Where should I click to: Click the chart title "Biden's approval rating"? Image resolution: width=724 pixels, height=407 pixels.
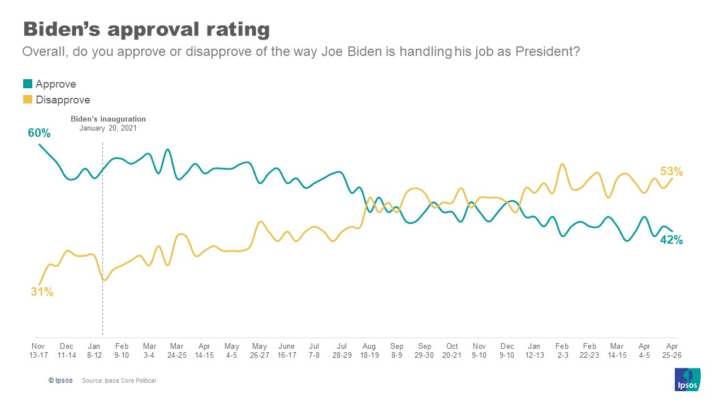[146, 29]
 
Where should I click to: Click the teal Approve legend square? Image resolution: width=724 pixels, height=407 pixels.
[27, 84]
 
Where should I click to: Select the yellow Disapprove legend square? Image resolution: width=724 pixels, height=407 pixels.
[27, 100]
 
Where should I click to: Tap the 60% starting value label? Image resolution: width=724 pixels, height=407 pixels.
[40, 133]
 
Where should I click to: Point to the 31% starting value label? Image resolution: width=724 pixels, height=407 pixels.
[42, 292]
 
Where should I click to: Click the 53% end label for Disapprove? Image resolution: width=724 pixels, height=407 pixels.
[671, 171]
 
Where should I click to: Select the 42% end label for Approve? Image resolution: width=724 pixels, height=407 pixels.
[671, 240]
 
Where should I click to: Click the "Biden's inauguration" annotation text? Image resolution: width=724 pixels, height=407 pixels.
[108, 119]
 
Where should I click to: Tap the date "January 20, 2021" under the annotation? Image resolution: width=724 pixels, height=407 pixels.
[108, 128]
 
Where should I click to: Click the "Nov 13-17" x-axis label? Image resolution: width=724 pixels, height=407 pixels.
[38, 350]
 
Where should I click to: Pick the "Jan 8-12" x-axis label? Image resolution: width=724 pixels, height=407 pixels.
[94, 350]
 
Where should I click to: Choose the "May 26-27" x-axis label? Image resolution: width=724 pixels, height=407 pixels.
[260, 350]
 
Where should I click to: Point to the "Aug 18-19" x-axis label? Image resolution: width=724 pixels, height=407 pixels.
[369, 350]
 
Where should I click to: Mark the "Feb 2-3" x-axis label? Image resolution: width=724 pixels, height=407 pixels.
[562, 350]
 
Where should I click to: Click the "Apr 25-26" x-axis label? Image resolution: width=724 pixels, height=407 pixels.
[672, 350]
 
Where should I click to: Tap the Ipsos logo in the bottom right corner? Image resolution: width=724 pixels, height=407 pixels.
[687, 379]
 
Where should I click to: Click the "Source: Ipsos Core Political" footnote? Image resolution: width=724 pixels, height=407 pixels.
[119, 381]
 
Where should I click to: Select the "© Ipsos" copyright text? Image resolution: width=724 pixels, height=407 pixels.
[61, 381]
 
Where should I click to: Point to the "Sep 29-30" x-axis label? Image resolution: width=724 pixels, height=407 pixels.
[424, 350]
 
